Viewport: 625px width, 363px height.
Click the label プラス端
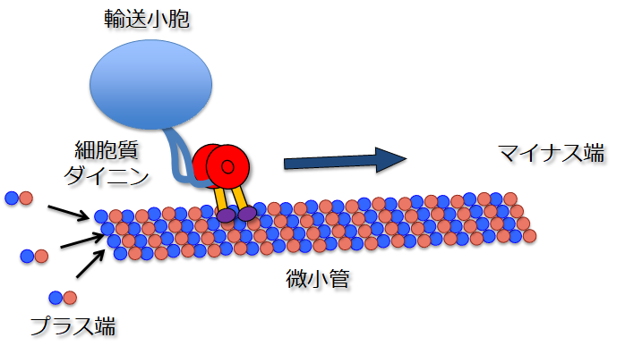[73, 325]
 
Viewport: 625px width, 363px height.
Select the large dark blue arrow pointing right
[345, 161]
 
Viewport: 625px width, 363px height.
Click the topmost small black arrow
[68, 212]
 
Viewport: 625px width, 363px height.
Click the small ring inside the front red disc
[228, 166]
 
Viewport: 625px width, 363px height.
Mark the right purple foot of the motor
[247, 213]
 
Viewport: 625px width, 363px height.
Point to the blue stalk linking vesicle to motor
[179, 161]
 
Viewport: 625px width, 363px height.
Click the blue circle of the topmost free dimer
[11, 198]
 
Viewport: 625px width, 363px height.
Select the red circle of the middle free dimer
[41, 257]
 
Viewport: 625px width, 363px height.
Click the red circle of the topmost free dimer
[26, 198]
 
